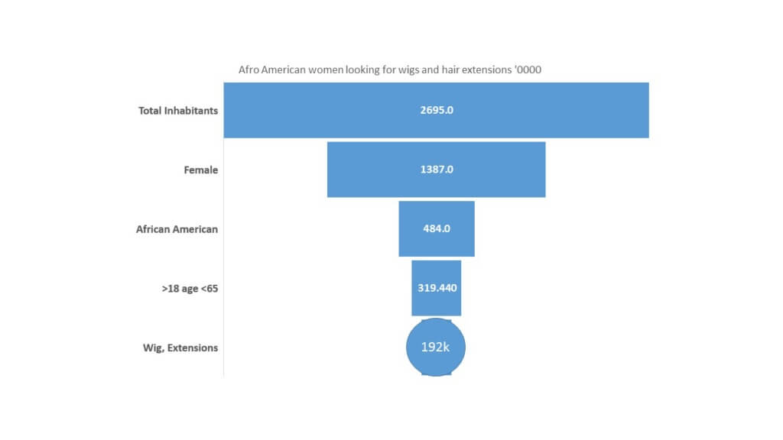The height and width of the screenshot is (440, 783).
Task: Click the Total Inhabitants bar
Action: coord(436,110)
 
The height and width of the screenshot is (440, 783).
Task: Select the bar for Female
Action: coord(436,170)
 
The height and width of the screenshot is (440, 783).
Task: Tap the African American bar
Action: coord(437,229)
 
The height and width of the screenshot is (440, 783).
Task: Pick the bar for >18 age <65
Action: coord(437,288)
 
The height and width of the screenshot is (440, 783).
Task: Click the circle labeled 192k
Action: coord(436,348)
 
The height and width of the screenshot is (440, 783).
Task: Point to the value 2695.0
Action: coord(437,110)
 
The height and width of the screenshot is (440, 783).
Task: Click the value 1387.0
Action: coord(437,170)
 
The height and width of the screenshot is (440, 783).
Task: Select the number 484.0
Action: coord(437,228)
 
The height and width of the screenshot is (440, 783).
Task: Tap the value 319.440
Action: coord(437,288)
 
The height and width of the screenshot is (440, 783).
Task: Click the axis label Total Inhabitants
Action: coord(178,111)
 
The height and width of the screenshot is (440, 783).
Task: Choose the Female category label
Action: coord(201,170)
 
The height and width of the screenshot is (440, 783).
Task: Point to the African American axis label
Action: coord(177,229)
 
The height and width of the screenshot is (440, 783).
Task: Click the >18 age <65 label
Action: coord(190,289)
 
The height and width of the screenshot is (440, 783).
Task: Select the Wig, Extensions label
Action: coord(180,348)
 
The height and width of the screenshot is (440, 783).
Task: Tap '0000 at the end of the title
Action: coord(528,70)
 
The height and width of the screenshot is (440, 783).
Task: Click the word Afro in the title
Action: coord(249,70)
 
